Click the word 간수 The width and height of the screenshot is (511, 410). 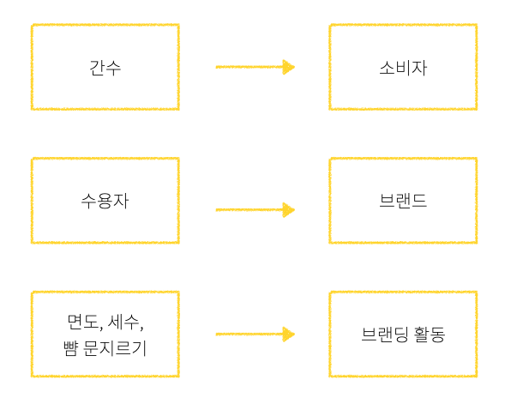105,68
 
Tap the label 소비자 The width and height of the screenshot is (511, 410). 403,68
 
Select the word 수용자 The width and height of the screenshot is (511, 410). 105,202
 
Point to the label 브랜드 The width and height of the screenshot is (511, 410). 403,202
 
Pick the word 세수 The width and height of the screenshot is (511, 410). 123,323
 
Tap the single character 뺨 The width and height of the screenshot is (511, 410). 71,347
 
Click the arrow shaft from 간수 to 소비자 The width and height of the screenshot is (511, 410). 249,67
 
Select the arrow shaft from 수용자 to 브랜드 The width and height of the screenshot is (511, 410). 249,210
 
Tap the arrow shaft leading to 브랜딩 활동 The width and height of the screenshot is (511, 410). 249,335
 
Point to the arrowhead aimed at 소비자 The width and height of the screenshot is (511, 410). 289,67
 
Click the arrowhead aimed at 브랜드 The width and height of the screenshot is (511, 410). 289,210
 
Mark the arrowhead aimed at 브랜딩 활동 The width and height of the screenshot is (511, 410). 289,335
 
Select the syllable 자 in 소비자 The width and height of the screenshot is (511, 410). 419,68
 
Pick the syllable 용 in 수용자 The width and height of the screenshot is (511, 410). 105,202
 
